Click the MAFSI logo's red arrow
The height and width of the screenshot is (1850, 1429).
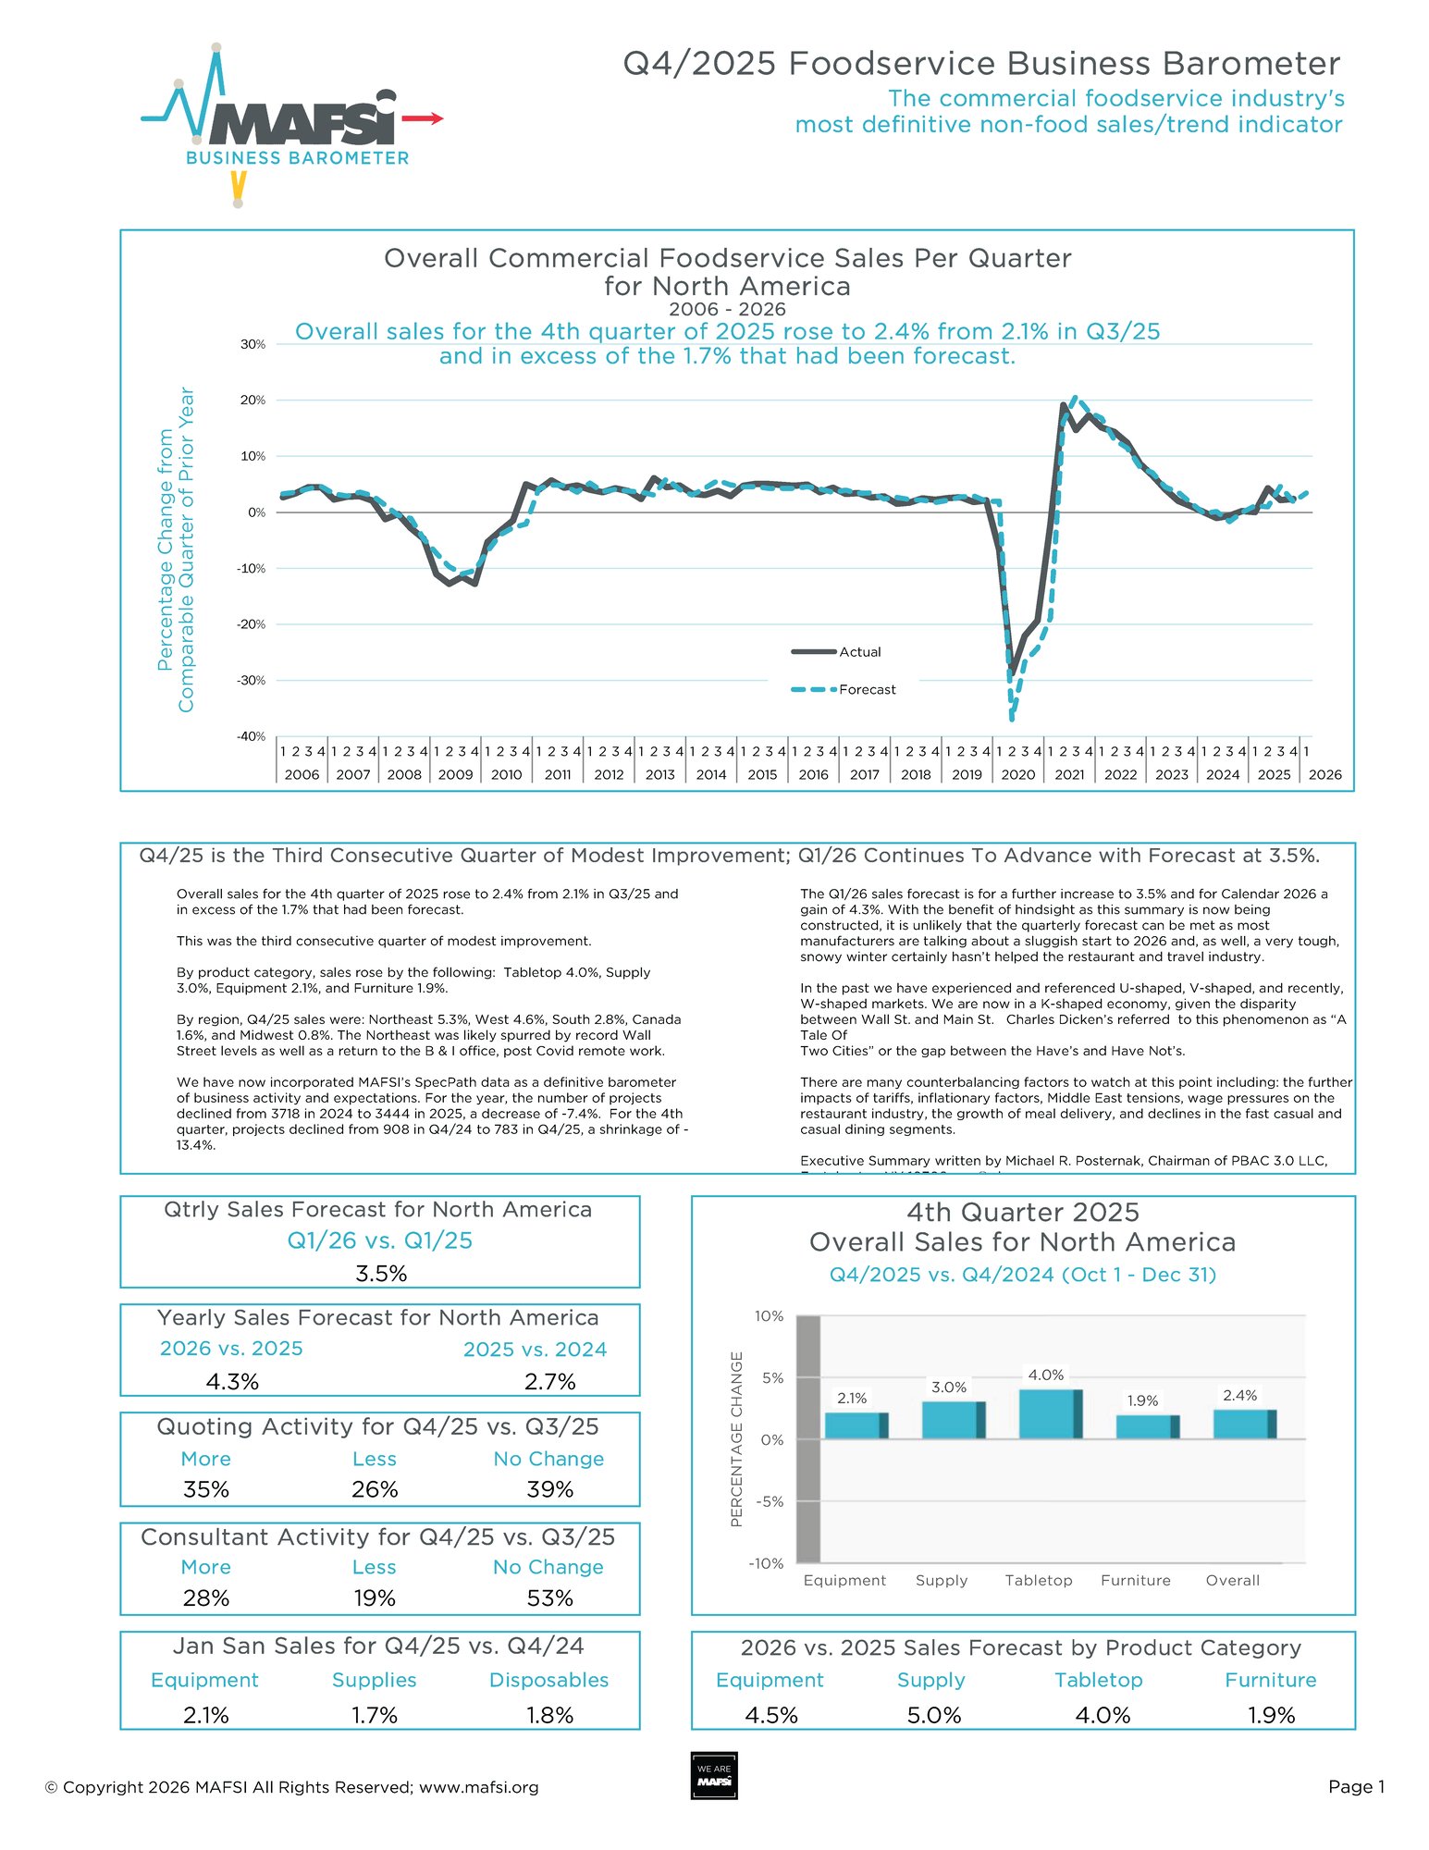425,118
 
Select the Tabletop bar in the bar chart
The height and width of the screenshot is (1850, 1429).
1050,1414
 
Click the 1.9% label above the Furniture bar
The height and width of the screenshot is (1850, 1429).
1142,1400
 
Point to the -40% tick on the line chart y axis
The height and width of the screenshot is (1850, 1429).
253,736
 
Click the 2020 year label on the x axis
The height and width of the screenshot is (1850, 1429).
1017,774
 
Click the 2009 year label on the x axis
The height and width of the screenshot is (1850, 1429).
455,774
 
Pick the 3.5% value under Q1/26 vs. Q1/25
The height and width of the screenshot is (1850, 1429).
381,1274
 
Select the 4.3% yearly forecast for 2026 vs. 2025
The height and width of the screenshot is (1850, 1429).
232,1382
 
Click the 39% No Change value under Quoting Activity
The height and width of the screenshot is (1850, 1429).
549,1489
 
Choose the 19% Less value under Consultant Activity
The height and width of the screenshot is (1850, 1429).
374,1598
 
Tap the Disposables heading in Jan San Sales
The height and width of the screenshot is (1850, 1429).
548,1680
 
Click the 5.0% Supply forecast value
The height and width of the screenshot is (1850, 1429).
933,1715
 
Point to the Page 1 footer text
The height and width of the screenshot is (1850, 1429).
1356,1786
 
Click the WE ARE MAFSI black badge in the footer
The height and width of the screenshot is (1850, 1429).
714,1775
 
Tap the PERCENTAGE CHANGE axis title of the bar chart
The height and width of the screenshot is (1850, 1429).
737,1439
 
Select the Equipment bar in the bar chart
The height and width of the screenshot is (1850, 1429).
856,1425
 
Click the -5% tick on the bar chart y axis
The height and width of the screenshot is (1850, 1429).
769,1501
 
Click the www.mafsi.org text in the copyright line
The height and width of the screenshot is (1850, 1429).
478,1787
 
